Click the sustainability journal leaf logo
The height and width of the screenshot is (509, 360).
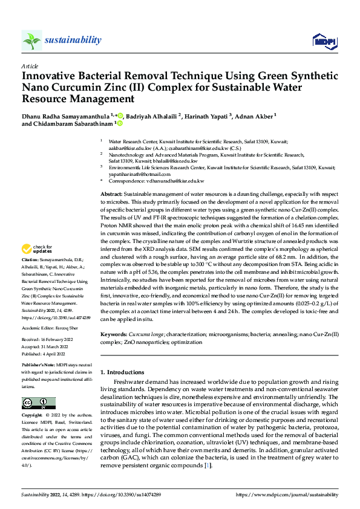coord(31,40)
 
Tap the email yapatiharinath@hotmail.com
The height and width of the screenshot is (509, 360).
coord(139,173)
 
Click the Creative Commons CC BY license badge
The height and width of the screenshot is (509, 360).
coord(38,403)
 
